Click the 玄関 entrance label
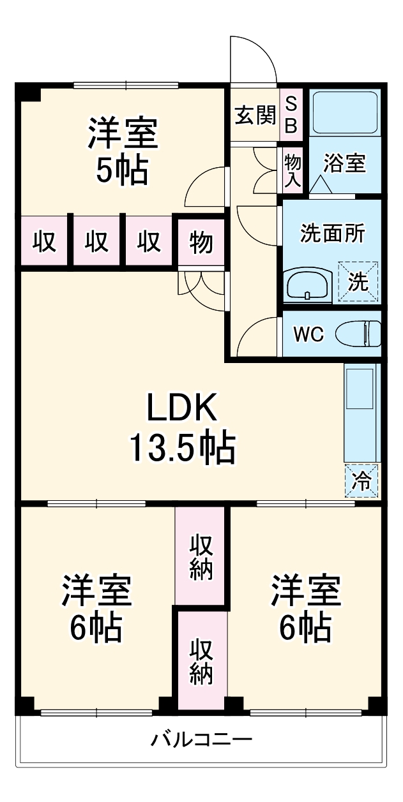(255, 115)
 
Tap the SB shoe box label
(291, 115)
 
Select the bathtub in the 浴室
(344, 113)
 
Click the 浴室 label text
(344, 163)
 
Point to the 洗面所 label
(332, 233)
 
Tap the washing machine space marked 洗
(358, 282)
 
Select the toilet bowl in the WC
(358, 334)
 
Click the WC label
(308, 334)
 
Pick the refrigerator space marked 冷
(361, 481)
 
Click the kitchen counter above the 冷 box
(361, 412)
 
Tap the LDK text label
(182, 407)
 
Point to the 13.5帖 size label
(183, 447)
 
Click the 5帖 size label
(122, 170)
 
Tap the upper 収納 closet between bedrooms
(200, 556)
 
